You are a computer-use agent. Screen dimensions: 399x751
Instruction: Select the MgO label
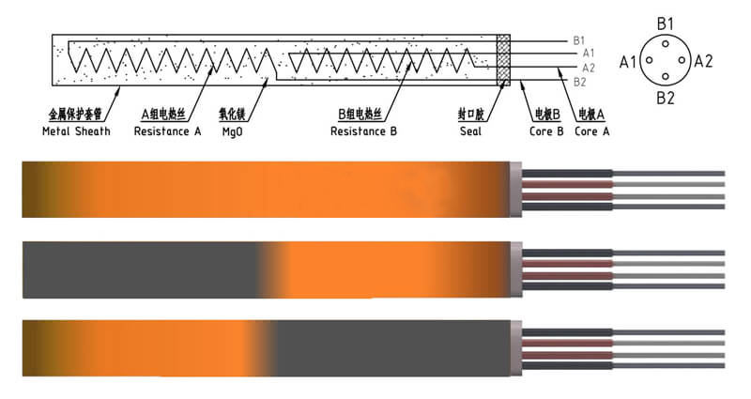[231, 130]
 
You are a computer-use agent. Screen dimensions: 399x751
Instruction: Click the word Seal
[470, 130]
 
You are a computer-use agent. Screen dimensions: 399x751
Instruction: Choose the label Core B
[545, 130]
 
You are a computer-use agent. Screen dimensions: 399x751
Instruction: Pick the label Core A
[592, 130]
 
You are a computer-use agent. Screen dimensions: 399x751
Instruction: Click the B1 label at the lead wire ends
[579, 40]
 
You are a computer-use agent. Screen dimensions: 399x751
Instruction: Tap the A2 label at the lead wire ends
[589, 68]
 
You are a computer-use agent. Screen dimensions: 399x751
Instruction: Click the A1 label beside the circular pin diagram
[628, 61]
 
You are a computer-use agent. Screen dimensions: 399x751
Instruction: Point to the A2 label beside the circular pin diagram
[703, 61]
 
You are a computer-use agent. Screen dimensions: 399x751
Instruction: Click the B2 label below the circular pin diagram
[666, 97]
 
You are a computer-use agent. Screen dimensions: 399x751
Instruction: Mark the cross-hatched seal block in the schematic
[503, 61]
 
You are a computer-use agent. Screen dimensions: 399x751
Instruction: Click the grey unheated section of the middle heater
[141, 269]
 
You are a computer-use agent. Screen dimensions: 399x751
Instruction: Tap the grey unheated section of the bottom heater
[394, 346]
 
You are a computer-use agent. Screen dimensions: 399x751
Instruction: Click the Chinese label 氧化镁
[231, 115]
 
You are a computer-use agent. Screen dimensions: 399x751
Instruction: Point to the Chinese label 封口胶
[470, 115]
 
